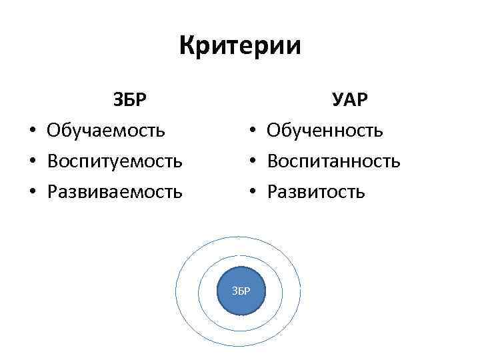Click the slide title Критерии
pyautogui.click(x=240, y=46)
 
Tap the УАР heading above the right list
pyautogui.click(x=351, y=99)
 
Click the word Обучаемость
pyautogui.click(x=106, y=130)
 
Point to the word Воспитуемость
pyautogui.click(x=115, y=161)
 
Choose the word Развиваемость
pyautogui.click(x=115, y=192)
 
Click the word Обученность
pyautogui.click(x=325, y=130)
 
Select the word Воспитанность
pyautogui.click(x=333, y=161)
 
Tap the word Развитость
pyautogui.click(x=316, y=192)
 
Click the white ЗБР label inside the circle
pyautogui.click(x=241, y=291)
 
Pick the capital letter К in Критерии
pyautogui.click(x=188, y=46)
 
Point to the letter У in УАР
pyautogui.click(x=338, y=99)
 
